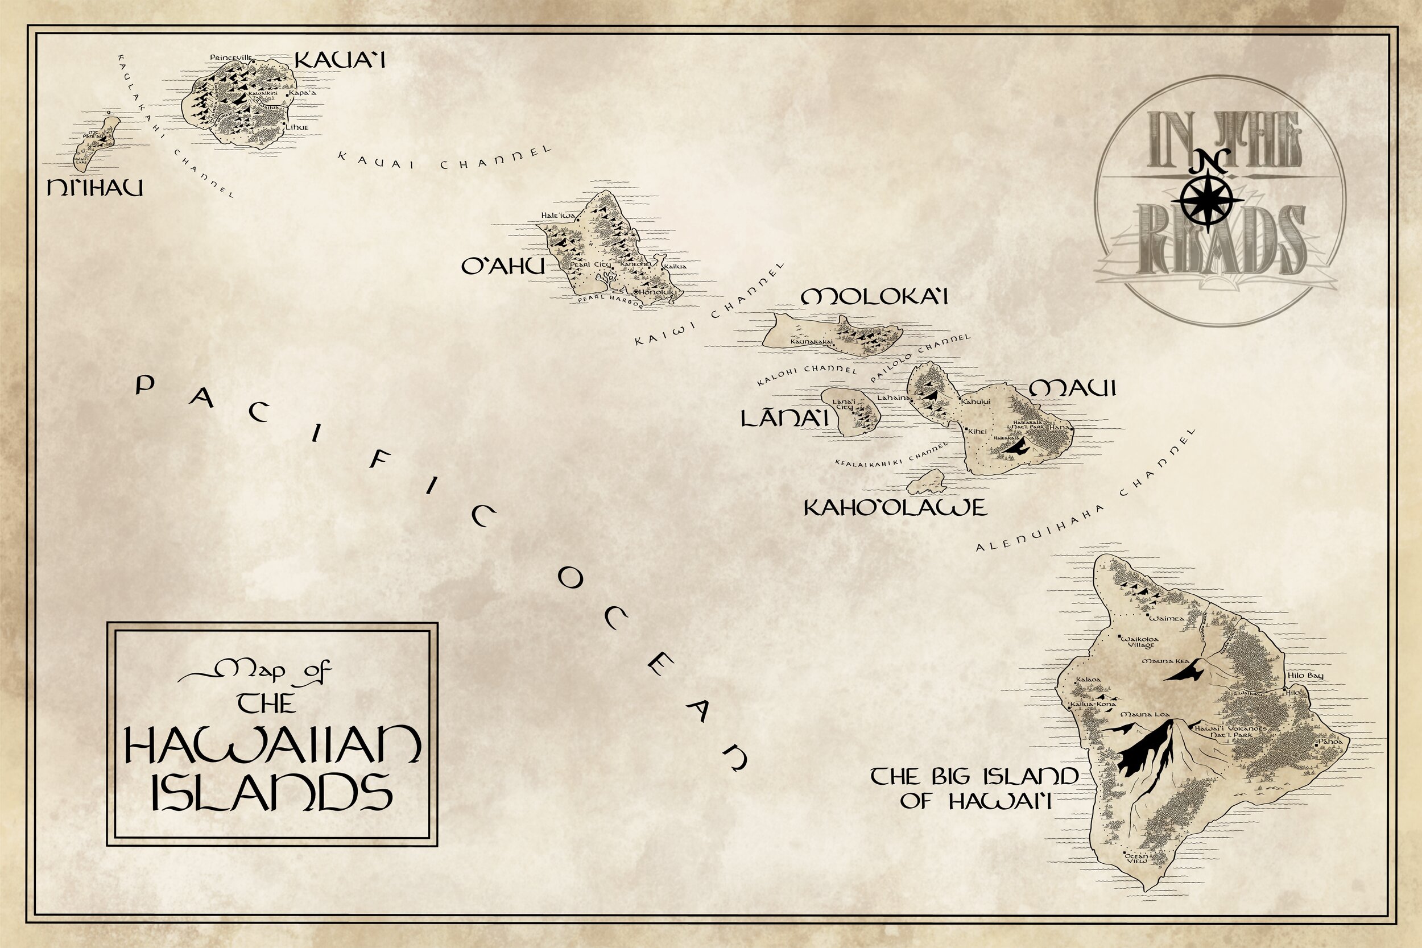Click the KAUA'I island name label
click(x=339, y=60)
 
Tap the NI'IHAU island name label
click(x=95, y=189)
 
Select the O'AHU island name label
click(x=502, y=267)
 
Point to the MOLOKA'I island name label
click(x=874, y=297)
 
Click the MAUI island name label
click(x=1072, y=389)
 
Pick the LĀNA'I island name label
click(x=784, y=419)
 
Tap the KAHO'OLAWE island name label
click(x=895, y=508)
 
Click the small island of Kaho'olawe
click(x=925, y=482)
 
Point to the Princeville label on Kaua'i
click(x=231, y=57)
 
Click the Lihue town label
click(x=297, y=127)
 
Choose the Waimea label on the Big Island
click(x=1166, y=619)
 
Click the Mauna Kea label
click(x=1165, y=661)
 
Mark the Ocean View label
click(x=1136, y=858)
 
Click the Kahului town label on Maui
click(x=976, y=402)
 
